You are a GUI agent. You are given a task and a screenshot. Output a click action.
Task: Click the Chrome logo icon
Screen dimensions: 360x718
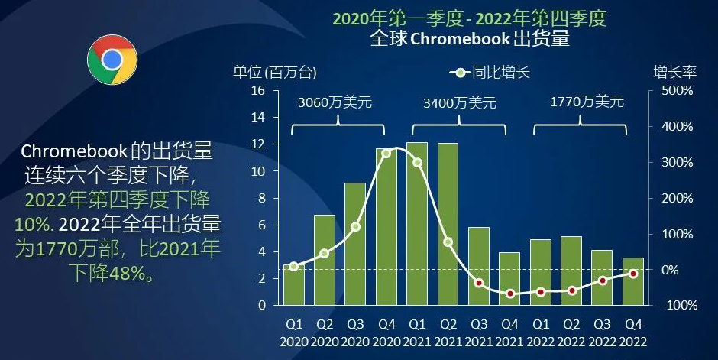click(112, 60)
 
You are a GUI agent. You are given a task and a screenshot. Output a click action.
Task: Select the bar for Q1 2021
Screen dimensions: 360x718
click(417, 223)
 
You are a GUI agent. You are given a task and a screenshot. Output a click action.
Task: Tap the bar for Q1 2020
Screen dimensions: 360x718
click(294, 284)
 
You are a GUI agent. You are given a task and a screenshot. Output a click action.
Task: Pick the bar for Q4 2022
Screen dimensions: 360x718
click(632, 281)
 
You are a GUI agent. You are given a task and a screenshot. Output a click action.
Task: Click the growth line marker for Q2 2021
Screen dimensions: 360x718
click(448, 242)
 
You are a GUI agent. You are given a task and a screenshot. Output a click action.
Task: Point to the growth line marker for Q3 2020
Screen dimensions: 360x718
click(355, 227)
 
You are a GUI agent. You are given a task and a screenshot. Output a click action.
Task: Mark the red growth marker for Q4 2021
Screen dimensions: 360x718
click(509, 294)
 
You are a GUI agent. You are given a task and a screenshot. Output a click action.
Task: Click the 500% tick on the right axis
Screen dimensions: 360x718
click(676, 91)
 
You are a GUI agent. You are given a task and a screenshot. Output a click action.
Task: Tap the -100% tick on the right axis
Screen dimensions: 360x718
click(676, 305)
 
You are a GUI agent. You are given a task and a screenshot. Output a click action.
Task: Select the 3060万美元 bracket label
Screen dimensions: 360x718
click(335, 102)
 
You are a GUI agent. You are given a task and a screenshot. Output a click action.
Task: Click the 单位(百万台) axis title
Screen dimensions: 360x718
click(274, 73)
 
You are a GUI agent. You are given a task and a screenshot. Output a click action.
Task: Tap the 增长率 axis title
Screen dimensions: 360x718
click(674, 73)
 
